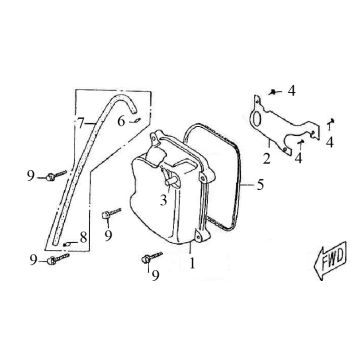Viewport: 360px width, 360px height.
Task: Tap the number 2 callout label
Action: [x=266, y=157]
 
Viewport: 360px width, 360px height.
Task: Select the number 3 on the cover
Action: [x=159, y=200]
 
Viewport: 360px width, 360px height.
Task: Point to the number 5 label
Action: [x=262, y=183]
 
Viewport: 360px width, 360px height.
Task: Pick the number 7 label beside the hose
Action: [x=79, y=124]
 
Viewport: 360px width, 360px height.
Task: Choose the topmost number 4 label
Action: [x=291, y=90]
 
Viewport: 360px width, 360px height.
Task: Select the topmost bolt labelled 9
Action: [x=50, y=177]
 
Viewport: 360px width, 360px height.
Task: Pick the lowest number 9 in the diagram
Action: [x=154, y=276]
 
